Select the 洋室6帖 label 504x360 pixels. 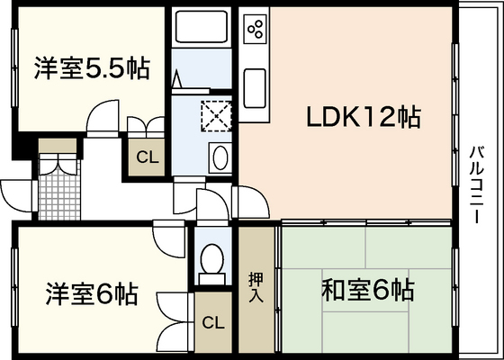coord(91,293)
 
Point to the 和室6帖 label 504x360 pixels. coord(368,291)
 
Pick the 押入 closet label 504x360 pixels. coord(256,286)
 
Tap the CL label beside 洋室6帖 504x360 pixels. coord(212,322)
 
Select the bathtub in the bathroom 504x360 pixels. coord(203,27)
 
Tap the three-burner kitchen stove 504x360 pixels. coord(256,31)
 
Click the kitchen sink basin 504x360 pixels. coord(254,87)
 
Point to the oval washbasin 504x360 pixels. coord(219,159)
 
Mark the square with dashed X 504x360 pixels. coord(217,114)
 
